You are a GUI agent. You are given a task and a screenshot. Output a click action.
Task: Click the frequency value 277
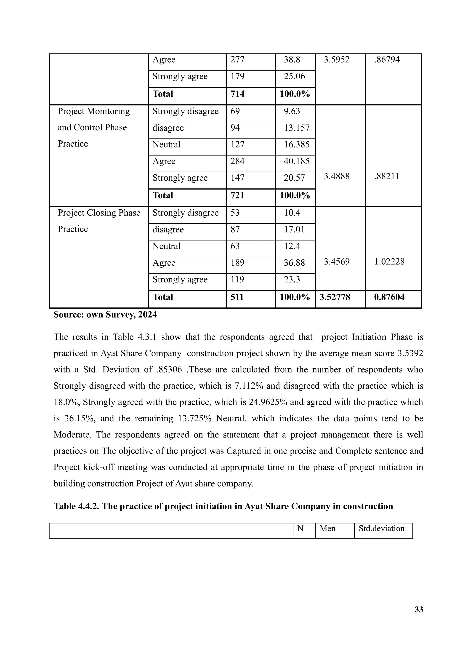(x=237, y=60)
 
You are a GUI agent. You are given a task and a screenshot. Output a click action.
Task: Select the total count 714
(x=237, y=94)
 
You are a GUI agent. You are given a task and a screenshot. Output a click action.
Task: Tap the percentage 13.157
(x=297, y=128)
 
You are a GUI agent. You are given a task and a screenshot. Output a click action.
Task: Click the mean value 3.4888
(x=336, y=176)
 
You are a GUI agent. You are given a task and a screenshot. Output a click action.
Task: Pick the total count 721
(x=237, y=195)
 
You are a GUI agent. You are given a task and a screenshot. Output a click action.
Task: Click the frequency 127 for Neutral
(x=237, y=144)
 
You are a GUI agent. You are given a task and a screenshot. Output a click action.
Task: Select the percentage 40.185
(x=297, y=161)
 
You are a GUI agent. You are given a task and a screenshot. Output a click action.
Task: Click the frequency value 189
(x=237, y=263)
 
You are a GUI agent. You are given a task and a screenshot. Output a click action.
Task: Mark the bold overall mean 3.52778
(x=335, y=297)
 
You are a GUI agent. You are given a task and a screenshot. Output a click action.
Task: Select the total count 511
(x=237, y=297)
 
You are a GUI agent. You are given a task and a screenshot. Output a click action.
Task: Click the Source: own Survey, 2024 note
(x=105, y=315)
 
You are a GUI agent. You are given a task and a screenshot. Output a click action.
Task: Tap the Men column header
(x=327, y=529)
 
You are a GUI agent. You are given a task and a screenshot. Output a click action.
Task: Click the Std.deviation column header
(x=381, y=529)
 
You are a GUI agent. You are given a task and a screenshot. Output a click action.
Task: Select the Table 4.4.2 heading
(x=223, y=506)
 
